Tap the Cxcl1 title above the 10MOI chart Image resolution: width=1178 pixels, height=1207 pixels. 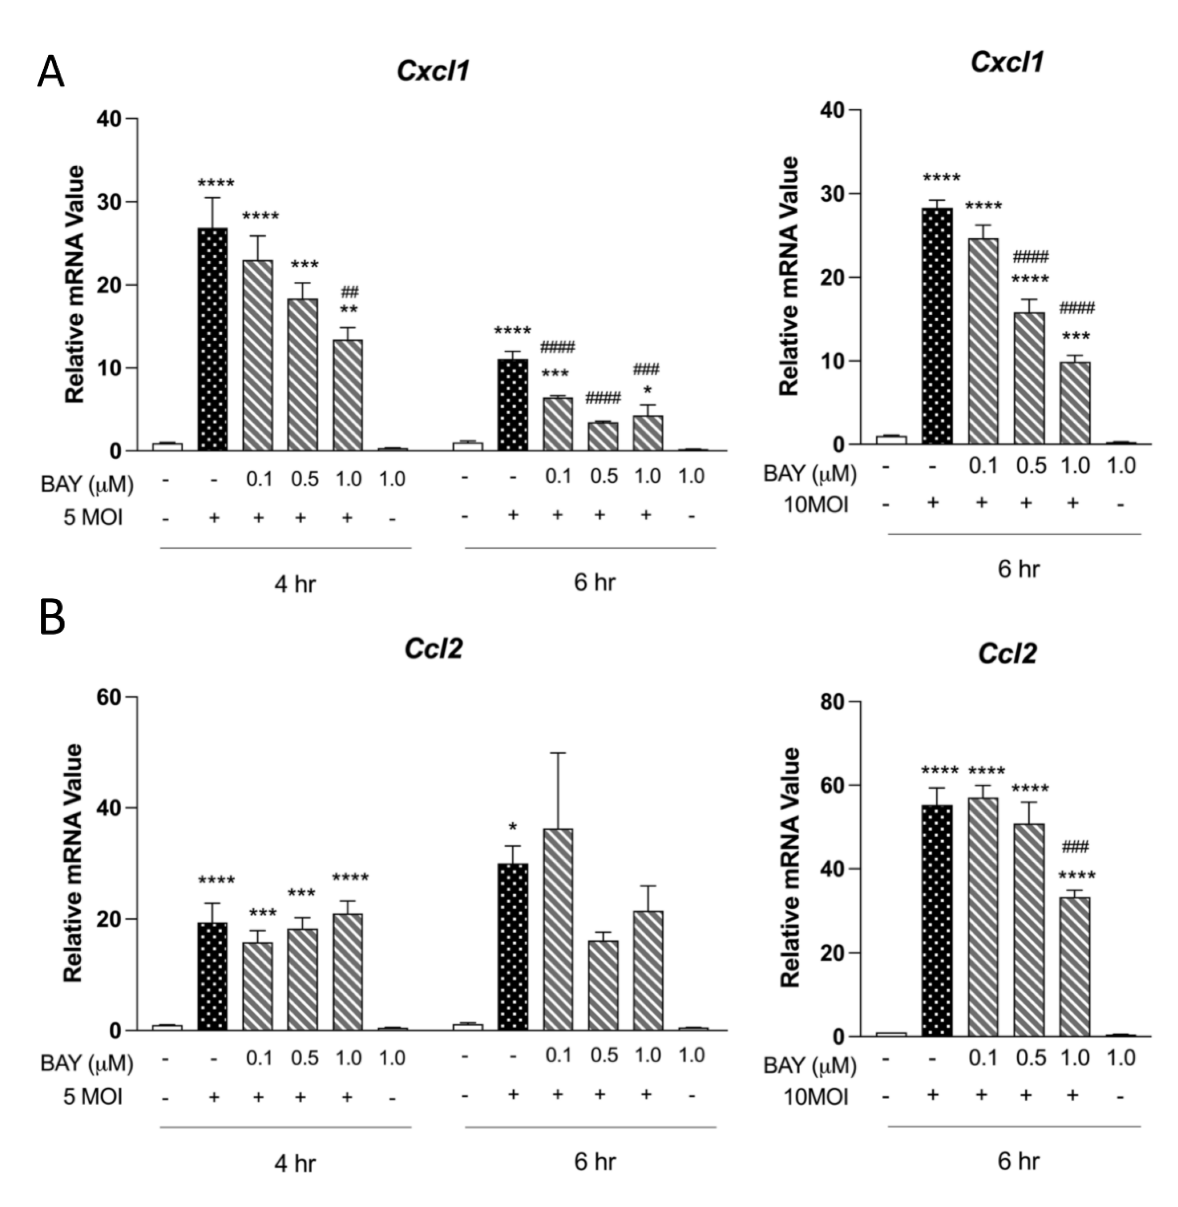click(x=1007, y=62)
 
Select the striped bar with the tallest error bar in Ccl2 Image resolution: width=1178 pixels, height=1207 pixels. click(x=558, y=929)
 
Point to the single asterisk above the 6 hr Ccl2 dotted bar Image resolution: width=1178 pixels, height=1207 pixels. click(x=513, y=827)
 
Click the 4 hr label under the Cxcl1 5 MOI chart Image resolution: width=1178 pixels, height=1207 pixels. click(x=295, y=584)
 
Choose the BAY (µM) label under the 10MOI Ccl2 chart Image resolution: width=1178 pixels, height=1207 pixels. click(x=809, y=1066)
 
